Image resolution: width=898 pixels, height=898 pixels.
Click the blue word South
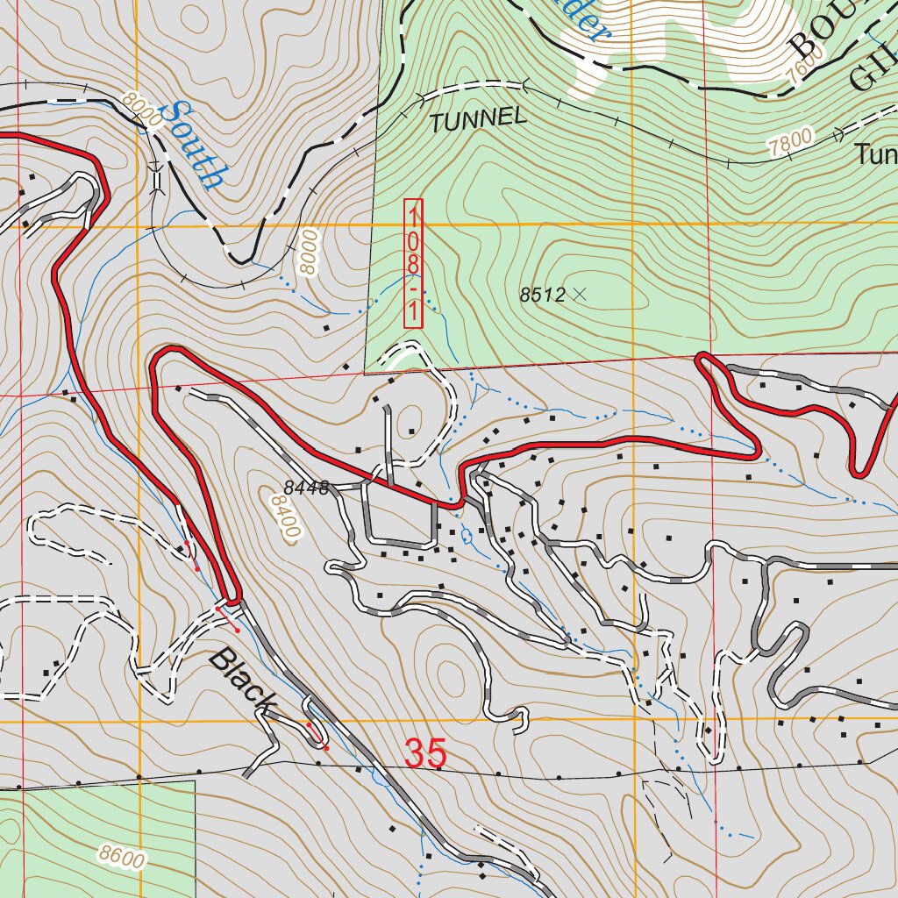196,146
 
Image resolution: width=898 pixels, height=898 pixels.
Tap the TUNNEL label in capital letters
478,119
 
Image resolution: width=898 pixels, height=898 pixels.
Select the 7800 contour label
790,143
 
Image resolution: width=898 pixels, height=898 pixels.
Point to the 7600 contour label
807,63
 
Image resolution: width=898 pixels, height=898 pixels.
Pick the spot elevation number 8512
541,296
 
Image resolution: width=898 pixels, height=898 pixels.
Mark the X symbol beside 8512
578,295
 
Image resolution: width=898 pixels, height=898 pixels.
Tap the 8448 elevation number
305,488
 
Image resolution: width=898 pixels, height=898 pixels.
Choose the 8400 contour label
286,514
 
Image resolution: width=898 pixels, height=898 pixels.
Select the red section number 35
425,753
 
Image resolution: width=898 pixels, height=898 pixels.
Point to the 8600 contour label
122,857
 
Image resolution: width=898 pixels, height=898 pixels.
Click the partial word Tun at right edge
876,155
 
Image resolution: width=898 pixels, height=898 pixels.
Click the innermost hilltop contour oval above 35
451,676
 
